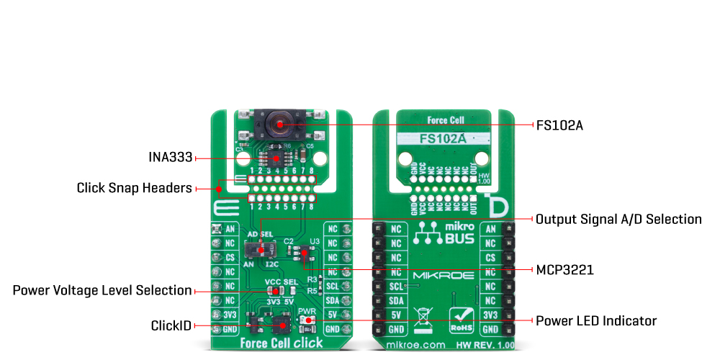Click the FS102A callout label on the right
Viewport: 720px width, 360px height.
click(x=559, y=125)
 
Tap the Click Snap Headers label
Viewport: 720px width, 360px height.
click(x=134, y=189)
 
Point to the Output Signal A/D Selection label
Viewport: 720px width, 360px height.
click(x=618, y=219)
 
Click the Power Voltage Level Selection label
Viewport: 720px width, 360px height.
click(x=103, y=290)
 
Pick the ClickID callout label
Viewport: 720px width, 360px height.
click(x=171, y=325)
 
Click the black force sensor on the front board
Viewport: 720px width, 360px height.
click(x=276, y=124)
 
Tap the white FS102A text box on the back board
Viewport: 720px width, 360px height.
click(x=443, y=138)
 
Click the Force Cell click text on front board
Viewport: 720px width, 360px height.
click(x=282, y=343)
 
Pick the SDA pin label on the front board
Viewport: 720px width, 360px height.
click(x=332, y=300)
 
